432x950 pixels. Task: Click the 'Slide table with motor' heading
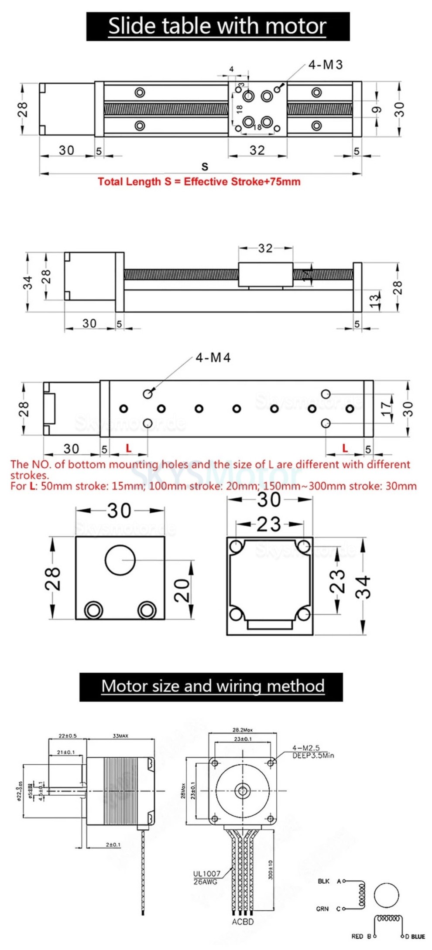(217, 26)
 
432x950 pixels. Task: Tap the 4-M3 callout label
(326, 65)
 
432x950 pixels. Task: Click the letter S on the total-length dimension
(205, 167)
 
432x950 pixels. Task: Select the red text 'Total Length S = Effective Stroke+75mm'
(199, 182)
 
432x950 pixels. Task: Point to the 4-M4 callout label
(213, 358)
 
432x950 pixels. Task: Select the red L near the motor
(128, 448)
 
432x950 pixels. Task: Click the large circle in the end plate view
(120, 560)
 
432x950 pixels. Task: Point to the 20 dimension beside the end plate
(182, 590)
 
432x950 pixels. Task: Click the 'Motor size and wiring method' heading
(213, 686)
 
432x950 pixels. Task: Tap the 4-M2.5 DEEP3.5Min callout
(312, 752)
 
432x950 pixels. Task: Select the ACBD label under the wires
(243, 922)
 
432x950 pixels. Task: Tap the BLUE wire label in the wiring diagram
(418, 936)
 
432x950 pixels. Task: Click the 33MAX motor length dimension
(120, 736)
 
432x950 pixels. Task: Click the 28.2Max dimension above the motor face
(242, 730)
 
